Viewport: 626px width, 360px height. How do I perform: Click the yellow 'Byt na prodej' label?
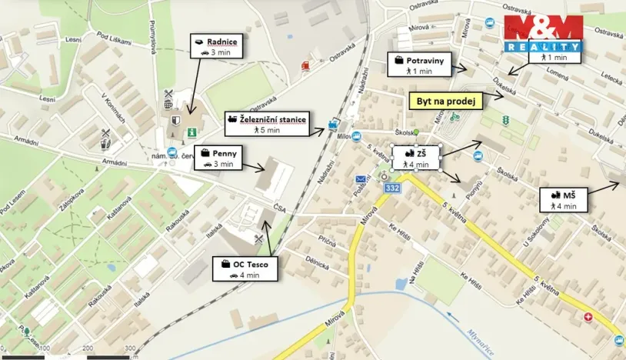tap(447, 101)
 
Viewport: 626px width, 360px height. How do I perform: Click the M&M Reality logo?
tap(544, 35)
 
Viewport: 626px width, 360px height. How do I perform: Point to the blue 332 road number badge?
tap(393, 188)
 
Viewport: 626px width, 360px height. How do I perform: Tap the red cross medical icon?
tap(589, 317)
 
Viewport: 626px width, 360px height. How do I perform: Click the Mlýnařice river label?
tap(480, 340)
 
